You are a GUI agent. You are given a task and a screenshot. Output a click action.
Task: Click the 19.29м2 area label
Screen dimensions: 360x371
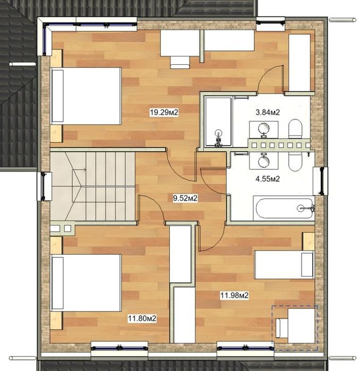(164, 112)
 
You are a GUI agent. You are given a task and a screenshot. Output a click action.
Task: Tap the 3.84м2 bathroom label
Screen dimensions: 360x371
(268, 112)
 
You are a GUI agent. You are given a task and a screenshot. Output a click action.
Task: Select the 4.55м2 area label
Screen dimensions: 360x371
(268, 179)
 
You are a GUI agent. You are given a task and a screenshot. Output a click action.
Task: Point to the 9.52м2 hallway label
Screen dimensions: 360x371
(185, 198)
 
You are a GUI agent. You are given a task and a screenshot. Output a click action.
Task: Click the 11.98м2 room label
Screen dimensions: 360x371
(234, 295)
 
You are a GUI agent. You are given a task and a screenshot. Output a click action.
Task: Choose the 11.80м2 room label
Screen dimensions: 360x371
(142, 318)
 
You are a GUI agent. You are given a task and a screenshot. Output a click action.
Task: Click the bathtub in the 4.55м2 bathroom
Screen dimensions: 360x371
(284, 208)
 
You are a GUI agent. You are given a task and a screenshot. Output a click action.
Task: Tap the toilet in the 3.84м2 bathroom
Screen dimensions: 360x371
(295, 129)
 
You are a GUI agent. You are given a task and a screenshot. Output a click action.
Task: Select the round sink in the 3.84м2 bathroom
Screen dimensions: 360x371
(263, 129)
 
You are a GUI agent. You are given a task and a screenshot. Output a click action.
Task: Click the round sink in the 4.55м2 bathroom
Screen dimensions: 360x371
(263, 161)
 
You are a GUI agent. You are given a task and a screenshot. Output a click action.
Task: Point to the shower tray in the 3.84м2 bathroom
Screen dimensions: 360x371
(218, 122)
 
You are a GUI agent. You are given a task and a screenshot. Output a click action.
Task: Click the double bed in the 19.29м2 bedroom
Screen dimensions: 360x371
(86, 96)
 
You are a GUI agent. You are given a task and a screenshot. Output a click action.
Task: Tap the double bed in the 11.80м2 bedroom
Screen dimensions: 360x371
(86, 283)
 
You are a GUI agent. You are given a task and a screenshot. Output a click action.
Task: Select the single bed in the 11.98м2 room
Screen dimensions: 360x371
(284, 264)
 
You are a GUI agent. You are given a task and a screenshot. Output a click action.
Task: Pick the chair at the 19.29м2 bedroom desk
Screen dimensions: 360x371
(180, 63)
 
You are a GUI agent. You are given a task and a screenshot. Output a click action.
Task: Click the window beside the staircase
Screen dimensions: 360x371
(44, 186)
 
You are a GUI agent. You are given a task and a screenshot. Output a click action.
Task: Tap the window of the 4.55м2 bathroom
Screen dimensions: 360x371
(321, 181)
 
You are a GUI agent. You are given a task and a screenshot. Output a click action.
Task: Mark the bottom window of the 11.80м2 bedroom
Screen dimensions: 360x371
(119, 348)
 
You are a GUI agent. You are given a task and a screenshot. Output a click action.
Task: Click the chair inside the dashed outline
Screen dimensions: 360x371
(281, 328)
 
